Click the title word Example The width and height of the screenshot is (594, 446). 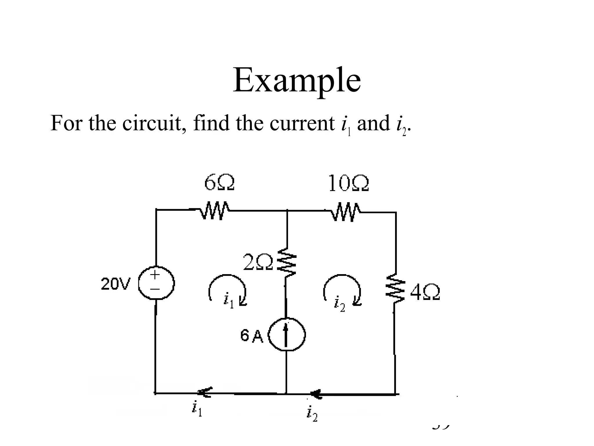pyautogui.click(x=297, y=80)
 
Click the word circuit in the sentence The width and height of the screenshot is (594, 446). pyautogui.click(x=151, y=123)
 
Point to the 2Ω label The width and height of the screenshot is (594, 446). pyautogui.click(x=258, y=262)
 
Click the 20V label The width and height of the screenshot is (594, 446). pyautogui.click(x=116, y=284)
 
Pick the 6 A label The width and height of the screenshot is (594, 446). pyautogui.click(x=251, y=336)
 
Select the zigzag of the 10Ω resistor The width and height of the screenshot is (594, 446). pyautogui.click(x=345, y=213)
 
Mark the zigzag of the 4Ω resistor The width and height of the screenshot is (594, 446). pyautogui.click(x=395, y=288)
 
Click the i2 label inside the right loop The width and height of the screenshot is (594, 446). pyautogui.click(x=339, y=304)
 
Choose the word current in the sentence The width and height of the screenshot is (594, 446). pyautogui.click(x=302, y=123)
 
